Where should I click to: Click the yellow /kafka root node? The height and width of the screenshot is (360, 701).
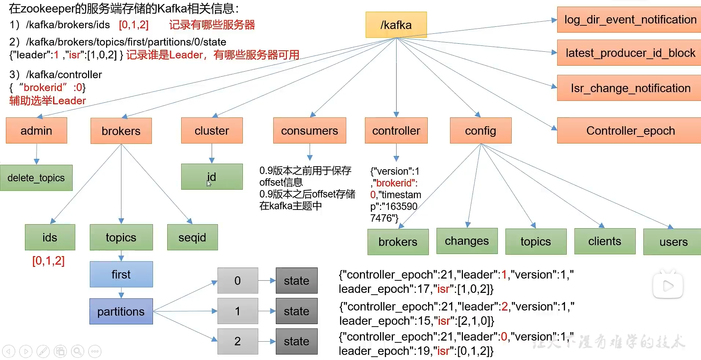click(396, 25)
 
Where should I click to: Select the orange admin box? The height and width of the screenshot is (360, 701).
click(36, 131)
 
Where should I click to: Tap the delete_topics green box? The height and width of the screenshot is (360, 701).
click(36, 178)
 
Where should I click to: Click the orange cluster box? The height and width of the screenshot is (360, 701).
click(212, 131)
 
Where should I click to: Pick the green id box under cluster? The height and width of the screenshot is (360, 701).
click(212, 177)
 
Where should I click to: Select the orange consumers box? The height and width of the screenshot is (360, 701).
click(310, 131)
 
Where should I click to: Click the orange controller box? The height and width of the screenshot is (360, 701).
click(396, 131)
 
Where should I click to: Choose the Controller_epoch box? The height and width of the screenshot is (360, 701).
click(630, 131)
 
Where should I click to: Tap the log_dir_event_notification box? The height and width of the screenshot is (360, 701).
click(630, 20)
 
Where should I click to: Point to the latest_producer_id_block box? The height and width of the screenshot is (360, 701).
click(630, 53)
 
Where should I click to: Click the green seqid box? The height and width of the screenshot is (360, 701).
click(192, 237)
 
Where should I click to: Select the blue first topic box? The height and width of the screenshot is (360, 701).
click(121, 274)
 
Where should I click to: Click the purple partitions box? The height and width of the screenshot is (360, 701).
click(121, 312)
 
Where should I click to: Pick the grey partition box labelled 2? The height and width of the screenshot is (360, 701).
click(238, 341)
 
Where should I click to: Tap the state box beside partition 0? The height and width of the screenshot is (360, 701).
click(296, 281)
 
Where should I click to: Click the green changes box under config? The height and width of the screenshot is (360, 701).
click(467, 241)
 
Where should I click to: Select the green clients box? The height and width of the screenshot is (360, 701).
click(605, 241)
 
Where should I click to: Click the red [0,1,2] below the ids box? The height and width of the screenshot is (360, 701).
click(48, 261)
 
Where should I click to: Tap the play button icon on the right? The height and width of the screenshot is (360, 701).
click(668, 286)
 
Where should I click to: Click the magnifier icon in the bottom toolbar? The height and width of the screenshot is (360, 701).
click(77, 352)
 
